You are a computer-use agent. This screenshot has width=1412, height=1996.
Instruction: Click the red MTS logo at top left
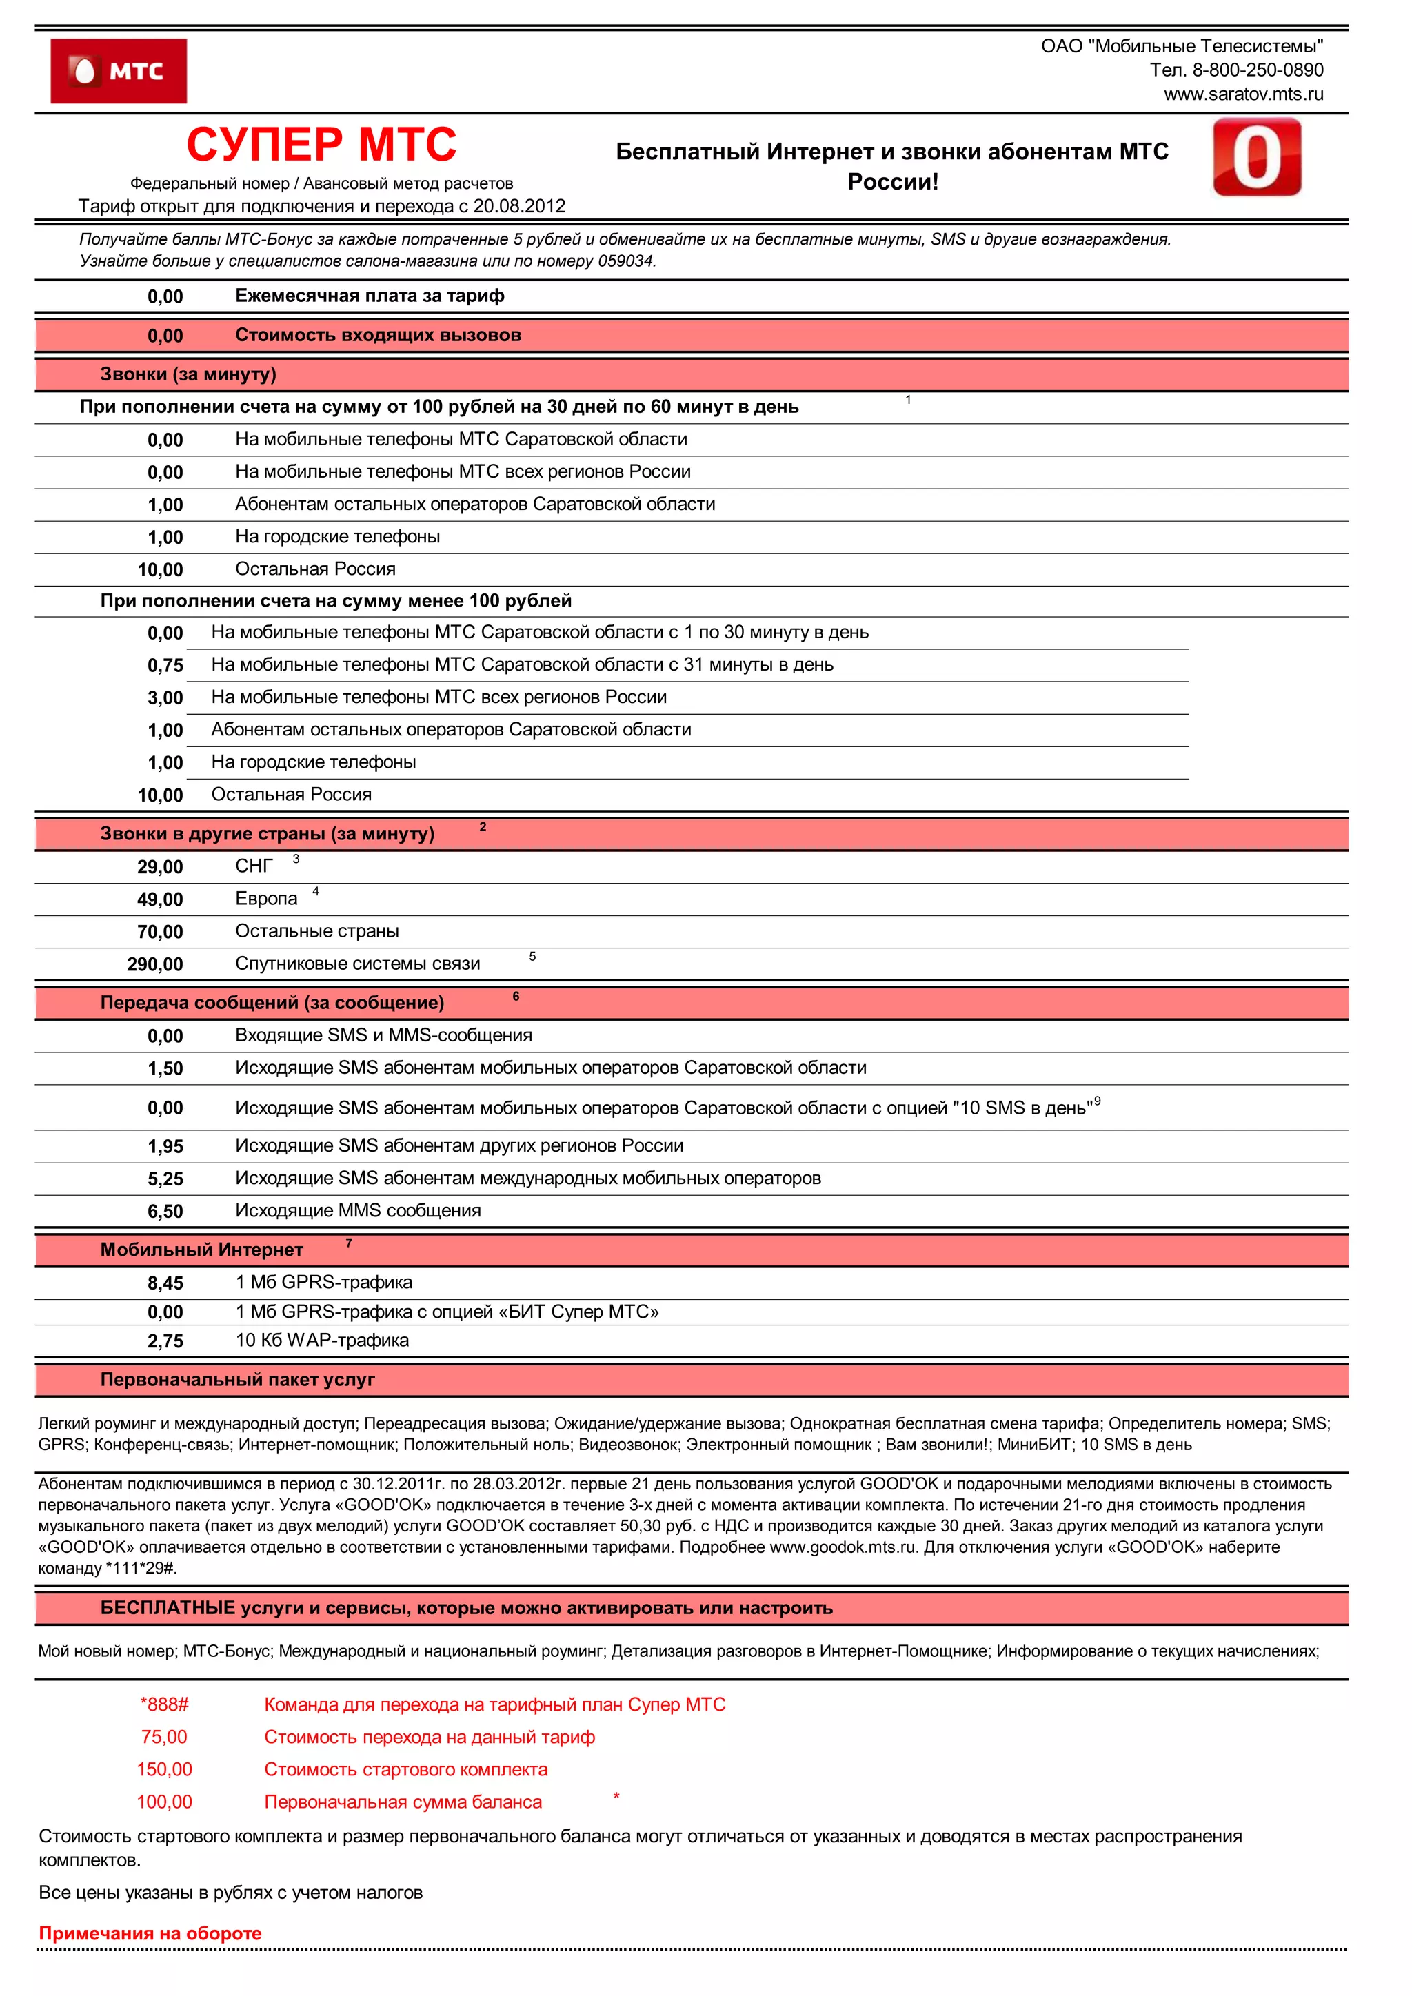[x=119, y=71]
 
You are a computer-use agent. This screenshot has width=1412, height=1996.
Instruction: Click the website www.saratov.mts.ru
[x=1242, y=94]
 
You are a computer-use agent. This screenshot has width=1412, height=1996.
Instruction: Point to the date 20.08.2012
[x=519, y=206]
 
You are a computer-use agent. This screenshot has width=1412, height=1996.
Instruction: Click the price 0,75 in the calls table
[x=165, y=666]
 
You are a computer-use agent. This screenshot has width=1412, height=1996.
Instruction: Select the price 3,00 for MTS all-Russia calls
[x=165, y=698]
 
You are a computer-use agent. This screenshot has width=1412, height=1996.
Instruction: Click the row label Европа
[x=266, y=899]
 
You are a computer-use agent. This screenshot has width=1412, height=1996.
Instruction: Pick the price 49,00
[x=160, y=899]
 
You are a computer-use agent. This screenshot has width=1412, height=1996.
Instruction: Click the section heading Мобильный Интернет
[x=202, y=1250]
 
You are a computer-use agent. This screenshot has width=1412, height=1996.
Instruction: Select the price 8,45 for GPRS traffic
[x=165, y=1283]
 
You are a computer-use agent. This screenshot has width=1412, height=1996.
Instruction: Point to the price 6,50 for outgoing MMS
[x=165, y=1212]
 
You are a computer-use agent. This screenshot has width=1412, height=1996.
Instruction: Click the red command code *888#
[x=164, y=1704]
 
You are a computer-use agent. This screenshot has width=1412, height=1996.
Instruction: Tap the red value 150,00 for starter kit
[x=164, y=1769]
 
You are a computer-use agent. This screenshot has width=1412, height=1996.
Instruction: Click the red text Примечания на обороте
[x=150, y=1933]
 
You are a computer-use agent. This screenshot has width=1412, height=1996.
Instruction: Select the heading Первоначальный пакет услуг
[x=237, y=1380]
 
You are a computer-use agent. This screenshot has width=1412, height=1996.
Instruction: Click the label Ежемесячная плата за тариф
[x=370, y=296]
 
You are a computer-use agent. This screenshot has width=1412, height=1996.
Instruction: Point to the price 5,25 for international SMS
[x=165, y=1180]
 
